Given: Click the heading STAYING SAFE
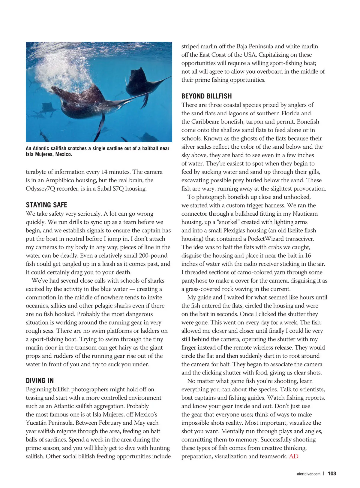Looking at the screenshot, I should point(46,205).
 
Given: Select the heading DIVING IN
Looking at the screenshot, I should point(40,381).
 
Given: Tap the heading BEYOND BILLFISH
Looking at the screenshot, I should point(206,96).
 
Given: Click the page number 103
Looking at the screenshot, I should point(332,474).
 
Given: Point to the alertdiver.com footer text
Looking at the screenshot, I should point(308,474).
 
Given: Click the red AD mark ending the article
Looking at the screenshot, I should point(294,456).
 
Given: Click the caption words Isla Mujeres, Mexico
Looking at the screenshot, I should point(49,154).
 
